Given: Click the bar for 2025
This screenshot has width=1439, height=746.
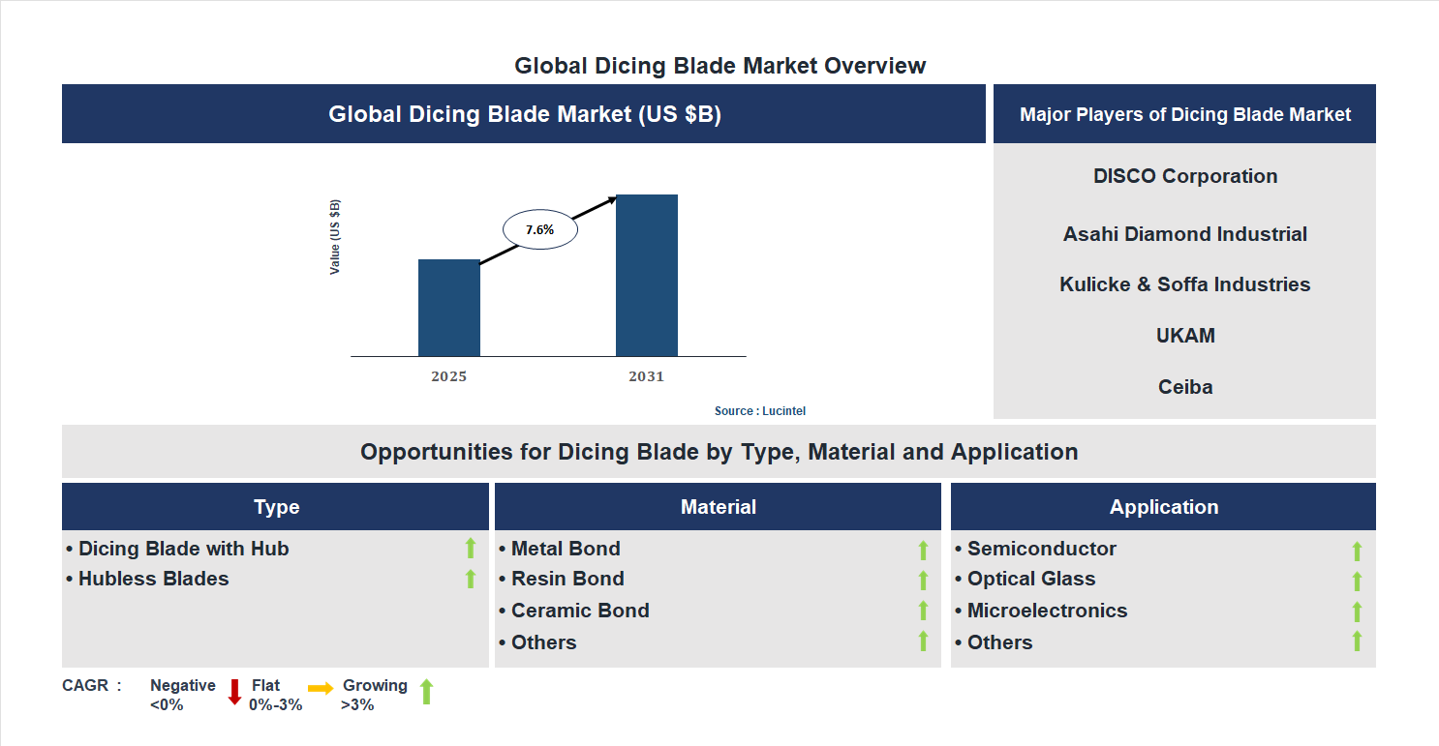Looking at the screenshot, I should pyautogui.click(x=448, y=308).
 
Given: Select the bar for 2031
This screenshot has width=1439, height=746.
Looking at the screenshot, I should pyautogui.click(x=646, y=276).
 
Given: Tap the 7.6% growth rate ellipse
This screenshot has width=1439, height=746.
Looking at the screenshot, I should pyautogui.click(x=539, y=230).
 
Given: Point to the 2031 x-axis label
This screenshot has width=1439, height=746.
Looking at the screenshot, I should pyautogui.click(x=646, y=376).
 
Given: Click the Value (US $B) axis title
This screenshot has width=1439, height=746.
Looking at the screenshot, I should pyautogui.click(x=335, y=237).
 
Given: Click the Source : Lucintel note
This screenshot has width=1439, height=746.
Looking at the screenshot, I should pyautogui.click(x=759, y=411).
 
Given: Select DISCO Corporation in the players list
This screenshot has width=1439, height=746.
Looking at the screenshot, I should pyautogui.click(x=1184, y=176).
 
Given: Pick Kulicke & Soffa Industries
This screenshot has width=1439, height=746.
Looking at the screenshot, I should pyautogui.click(x=1184, y=284).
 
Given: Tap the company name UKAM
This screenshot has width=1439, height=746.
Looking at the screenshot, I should pyautogui.click(x=1184, y=336).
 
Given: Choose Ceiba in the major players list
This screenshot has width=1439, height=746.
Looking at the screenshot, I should pyautogui.click(x=1184, y=387).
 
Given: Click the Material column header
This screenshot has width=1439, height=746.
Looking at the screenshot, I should pyautogui.click(x=718, y=507).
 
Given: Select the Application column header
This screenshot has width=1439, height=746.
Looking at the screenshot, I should pyautogui.click(x=1163, y=507).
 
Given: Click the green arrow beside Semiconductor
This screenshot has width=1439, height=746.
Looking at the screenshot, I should pyautogui.click(x=1357, y=551).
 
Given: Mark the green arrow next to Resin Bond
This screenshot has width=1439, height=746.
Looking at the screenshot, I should pyautogui.click(x=923, y=581).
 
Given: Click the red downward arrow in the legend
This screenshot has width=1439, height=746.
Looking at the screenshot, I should pyautogui.click(x=234, y=692).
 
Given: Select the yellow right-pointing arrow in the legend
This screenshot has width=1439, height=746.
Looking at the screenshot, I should pyautogui.click(x=321, y=688).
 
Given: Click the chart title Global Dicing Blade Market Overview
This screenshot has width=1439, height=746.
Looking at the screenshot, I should pyautogui.click(x=719, y=66).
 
